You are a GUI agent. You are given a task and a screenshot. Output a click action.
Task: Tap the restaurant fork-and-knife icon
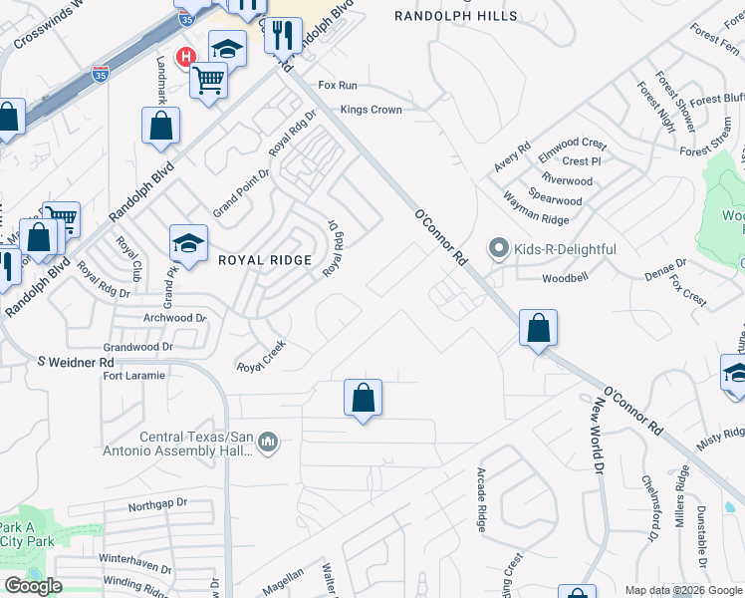click(x=283, y=35)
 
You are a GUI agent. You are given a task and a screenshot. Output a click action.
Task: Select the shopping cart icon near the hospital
click(x=209, y=79)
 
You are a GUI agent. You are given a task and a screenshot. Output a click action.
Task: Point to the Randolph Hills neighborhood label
click(x=456, y=16)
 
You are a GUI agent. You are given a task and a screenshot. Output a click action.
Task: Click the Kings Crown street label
click(x=372, y=110)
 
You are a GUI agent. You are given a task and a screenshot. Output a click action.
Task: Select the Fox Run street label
click(x=337, y=86)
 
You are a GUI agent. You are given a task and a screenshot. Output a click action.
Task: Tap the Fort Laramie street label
click(x=133, y=376)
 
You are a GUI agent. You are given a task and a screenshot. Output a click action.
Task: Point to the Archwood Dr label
click(x=173, y=319)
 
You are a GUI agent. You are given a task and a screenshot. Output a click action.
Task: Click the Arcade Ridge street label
click(x=482, y=499)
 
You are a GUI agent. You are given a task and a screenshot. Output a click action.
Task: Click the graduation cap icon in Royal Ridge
click(x=188, y=242)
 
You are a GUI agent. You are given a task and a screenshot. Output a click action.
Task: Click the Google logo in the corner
click(x=33, y=586)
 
